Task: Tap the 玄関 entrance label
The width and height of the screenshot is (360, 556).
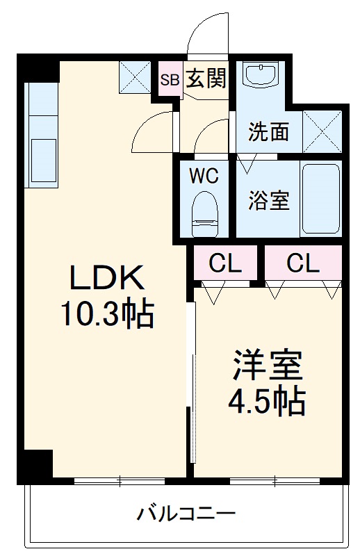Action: (206, 79)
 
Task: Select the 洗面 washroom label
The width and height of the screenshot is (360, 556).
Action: (268, 131)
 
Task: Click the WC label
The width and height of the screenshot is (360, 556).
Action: (204, 176)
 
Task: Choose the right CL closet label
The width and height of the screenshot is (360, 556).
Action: (302, 263)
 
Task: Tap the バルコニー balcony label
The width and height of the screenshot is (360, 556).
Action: (186, 514)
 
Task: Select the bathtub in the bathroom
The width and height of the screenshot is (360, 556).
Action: (321, 199)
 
